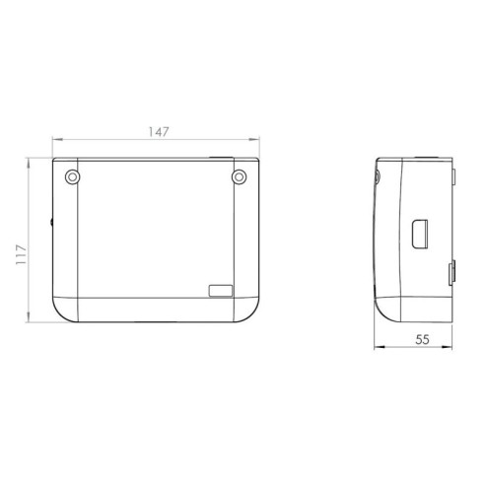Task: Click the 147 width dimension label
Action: [159, 132]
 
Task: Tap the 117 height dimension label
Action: [21, 255]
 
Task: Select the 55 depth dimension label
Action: [422, 339]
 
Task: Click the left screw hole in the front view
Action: [73, 177]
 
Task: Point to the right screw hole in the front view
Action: [239, 177]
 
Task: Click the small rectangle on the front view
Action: [221, 291]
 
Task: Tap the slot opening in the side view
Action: [420, 234]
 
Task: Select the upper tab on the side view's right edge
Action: [453, 176]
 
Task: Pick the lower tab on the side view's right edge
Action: [451, 272]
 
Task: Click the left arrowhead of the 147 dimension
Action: [57, 140]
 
